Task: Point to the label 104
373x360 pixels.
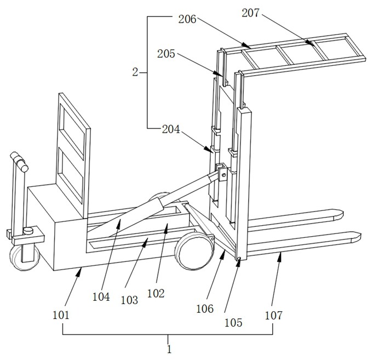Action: pyautogui.click(x=101, y=297)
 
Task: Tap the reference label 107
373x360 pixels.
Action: pyautogui.click(x=274, y=315)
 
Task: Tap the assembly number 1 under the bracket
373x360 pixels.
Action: pyautogui.click(x=169, y=349)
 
